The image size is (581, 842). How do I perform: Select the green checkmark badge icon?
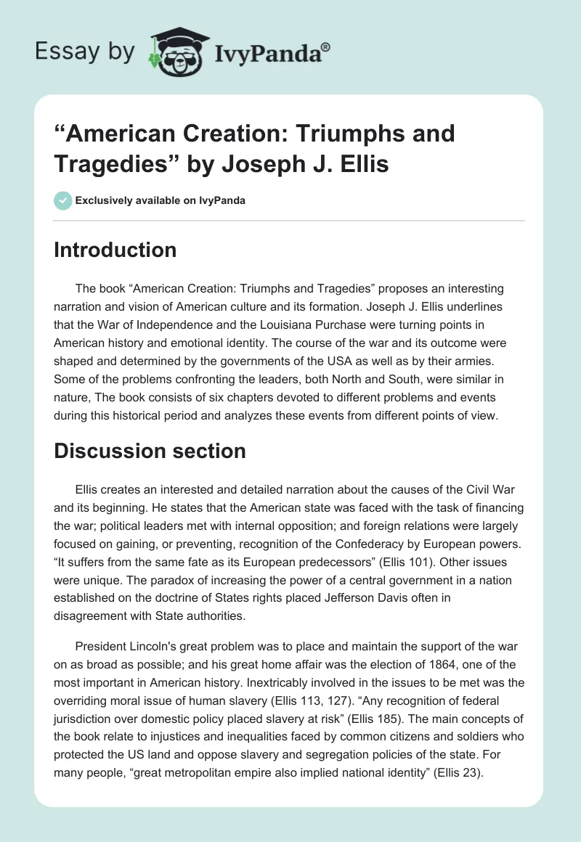pos(62,200)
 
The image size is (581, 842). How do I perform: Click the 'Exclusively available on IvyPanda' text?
pos(160,201)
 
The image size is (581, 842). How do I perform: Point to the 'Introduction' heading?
pos(115,250)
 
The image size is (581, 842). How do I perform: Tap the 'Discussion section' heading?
pos(150,451)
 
